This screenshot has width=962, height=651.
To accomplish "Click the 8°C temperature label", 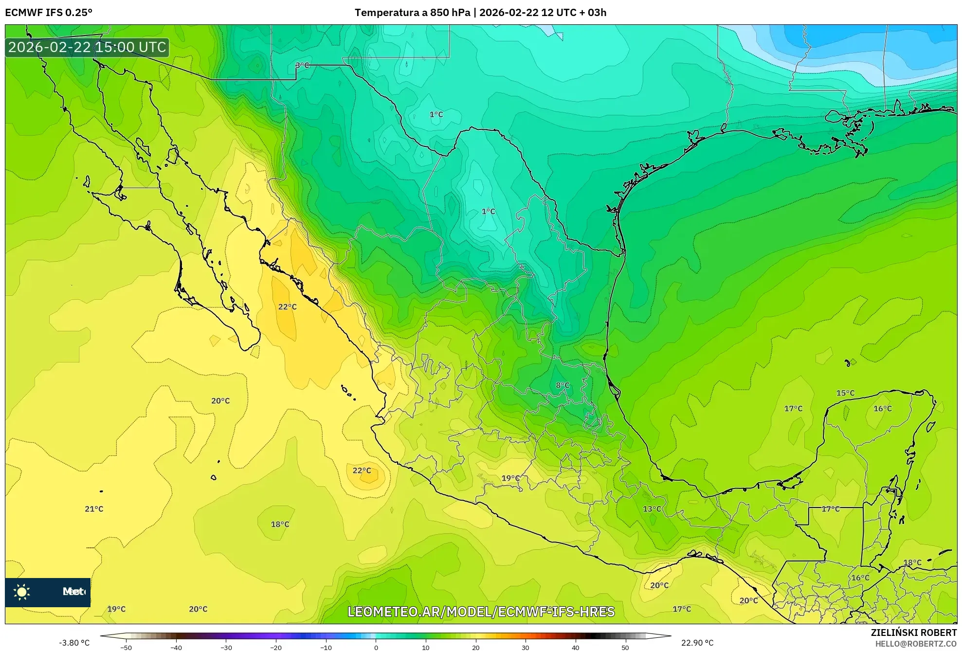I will click(x=563, y=385).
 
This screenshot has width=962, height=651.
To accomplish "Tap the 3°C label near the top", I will click(x=302, y=65).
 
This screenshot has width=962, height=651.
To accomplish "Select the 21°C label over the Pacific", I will click(x=94, y=509).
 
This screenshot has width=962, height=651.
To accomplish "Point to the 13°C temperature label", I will click(x=652, y=509).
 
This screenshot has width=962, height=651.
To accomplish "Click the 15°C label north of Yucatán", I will click(x=845, y=393).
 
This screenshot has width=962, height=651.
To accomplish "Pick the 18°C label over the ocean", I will click(x=280, y=524).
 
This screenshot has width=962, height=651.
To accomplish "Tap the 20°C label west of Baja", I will click(x=220, y=401).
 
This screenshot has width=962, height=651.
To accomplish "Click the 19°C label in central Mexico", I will click(x=510, y=478).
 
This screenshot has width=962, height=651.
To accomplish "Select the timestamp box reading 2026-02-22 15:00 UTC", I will click(x=87, y=47).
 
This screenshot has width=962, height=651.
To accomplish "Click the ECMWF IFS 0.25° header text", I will click(x=49, y=13).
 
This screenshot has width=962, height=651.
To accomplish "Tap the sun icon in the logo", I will click(x=22, y=592).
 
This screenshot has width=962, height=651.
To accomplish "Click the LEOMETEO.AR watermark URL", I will click(x=481, y=612).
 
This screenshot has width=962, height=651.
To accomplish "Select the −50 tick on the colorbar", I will click(x=126, y=648).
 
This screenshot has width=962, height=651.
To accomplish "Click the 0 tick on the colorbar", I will click(x=376, y=648).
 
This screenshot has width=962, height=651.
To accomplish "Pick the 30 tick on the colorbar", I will click(x=526, y=648).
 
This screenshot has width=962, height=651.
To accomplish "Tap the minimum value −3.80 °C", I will click(x=74, y=643).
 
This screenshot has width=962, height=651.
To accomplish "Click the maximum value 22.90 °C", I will click(x=697, y=643).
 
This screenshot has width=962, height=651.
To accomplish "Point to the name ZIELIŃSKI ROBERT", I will click(x=913, y=633).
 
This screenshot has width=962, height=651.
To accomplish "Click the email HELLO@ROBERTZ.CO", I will click(x=916, y=644).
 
